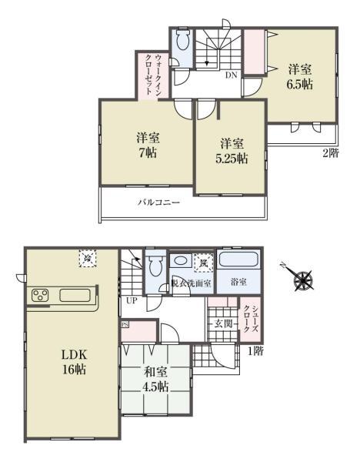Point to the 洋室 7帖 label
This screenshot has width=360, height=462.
point(147,144)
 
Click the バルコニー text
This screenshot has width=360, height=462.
point(158,203)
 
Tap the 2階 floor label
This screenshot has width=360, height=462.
point(329,152)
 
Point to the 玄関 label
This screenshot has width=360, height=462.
point(223,323)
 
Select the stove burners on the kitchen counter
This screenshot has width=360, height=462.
point(40,296)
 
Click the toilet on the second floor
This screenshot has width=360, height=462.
point(182,43)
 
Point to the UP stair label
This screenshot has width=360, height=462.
point(132,300)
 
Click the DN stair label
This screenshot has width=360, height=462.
point(230,75)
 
